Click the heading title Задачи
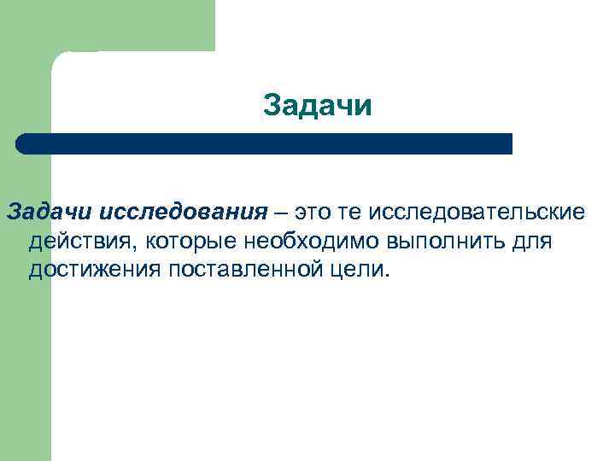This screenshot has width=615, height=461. click(318, 106)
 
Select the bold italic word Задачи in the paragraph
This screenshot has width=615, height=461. click(50, 212)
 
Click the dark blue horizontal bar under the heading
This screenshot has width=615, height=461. click(265, 143)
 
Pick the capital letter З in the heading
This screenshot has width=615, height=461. click(271, 106)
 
